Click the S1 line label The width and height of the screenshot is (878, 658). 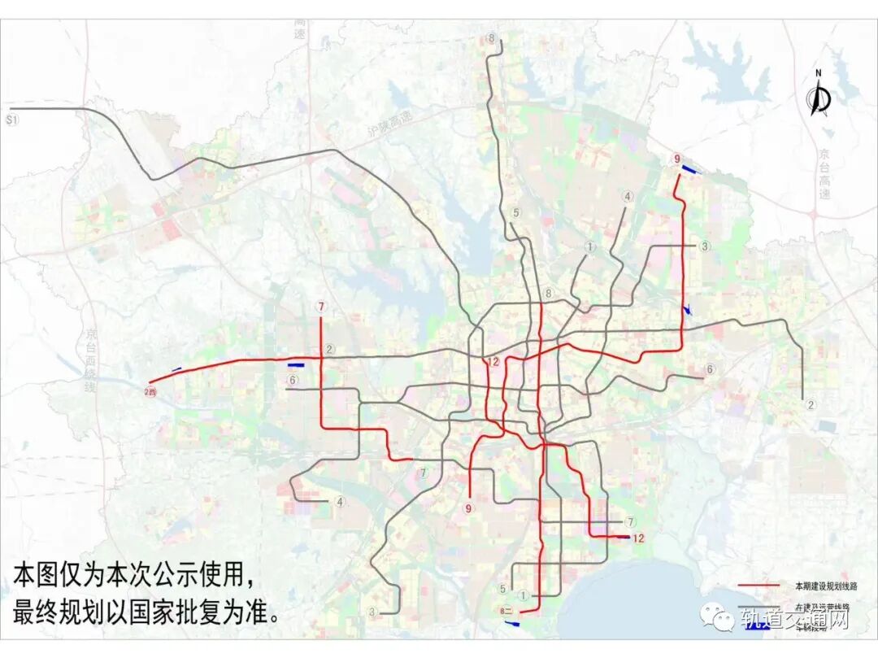(x=11, y=120)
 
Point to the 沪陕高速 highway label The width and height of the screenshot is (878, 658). (x=389, y=124)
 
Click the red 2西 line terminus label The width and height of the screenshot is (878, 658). (x=150, y=393)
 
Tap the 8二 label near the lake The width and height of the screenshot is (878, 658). (x=506, y=610)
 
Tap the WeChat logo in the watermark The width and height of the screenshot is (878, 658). (x=721, y=620)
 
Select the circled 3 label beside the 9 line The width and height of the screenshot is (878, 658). (x=705, y=246)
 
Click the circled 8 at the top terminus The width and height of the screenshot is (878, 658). (x=492, y=38)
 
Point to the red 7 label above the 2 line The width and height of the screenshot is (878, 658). (x=322, y=307)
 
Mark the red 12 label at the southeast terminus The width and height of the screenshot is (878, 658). (x=638, y=538)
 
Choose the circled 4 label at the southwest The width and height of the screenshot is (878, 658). (x=340, y=501)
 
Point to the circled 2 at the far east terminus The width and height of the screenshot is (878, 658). (x=810, y=404)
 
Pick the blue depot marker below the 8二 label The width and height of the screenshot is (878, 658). (x=513, y=624)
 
